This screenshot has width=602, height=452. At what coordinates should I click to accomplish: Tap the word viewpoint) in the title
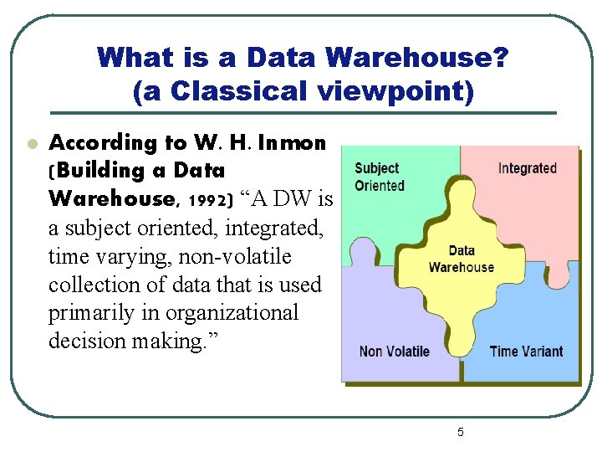(x=394, y=90)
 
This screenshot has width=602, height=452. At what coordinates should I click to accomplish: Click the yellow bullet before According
(x=31, y=144)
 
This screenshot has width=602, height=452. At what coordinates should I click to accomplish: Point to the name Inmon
(x=292, y=143)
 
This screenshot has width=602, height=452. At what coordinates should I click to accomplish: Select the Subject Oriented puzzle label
(x=378, y=177)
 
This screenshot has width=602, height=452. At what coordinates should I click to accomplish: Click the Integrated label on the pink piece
(x=527, y=168)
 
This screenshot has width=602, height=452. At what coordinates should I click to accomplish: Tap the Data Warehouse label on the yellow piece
(x=461, y=259)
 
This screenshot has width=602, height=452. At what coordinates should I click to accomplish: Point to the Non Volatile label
(x=394, y=352)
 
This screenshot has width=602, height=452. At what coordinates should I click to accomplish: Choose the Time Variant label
(x=527, y=352)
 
